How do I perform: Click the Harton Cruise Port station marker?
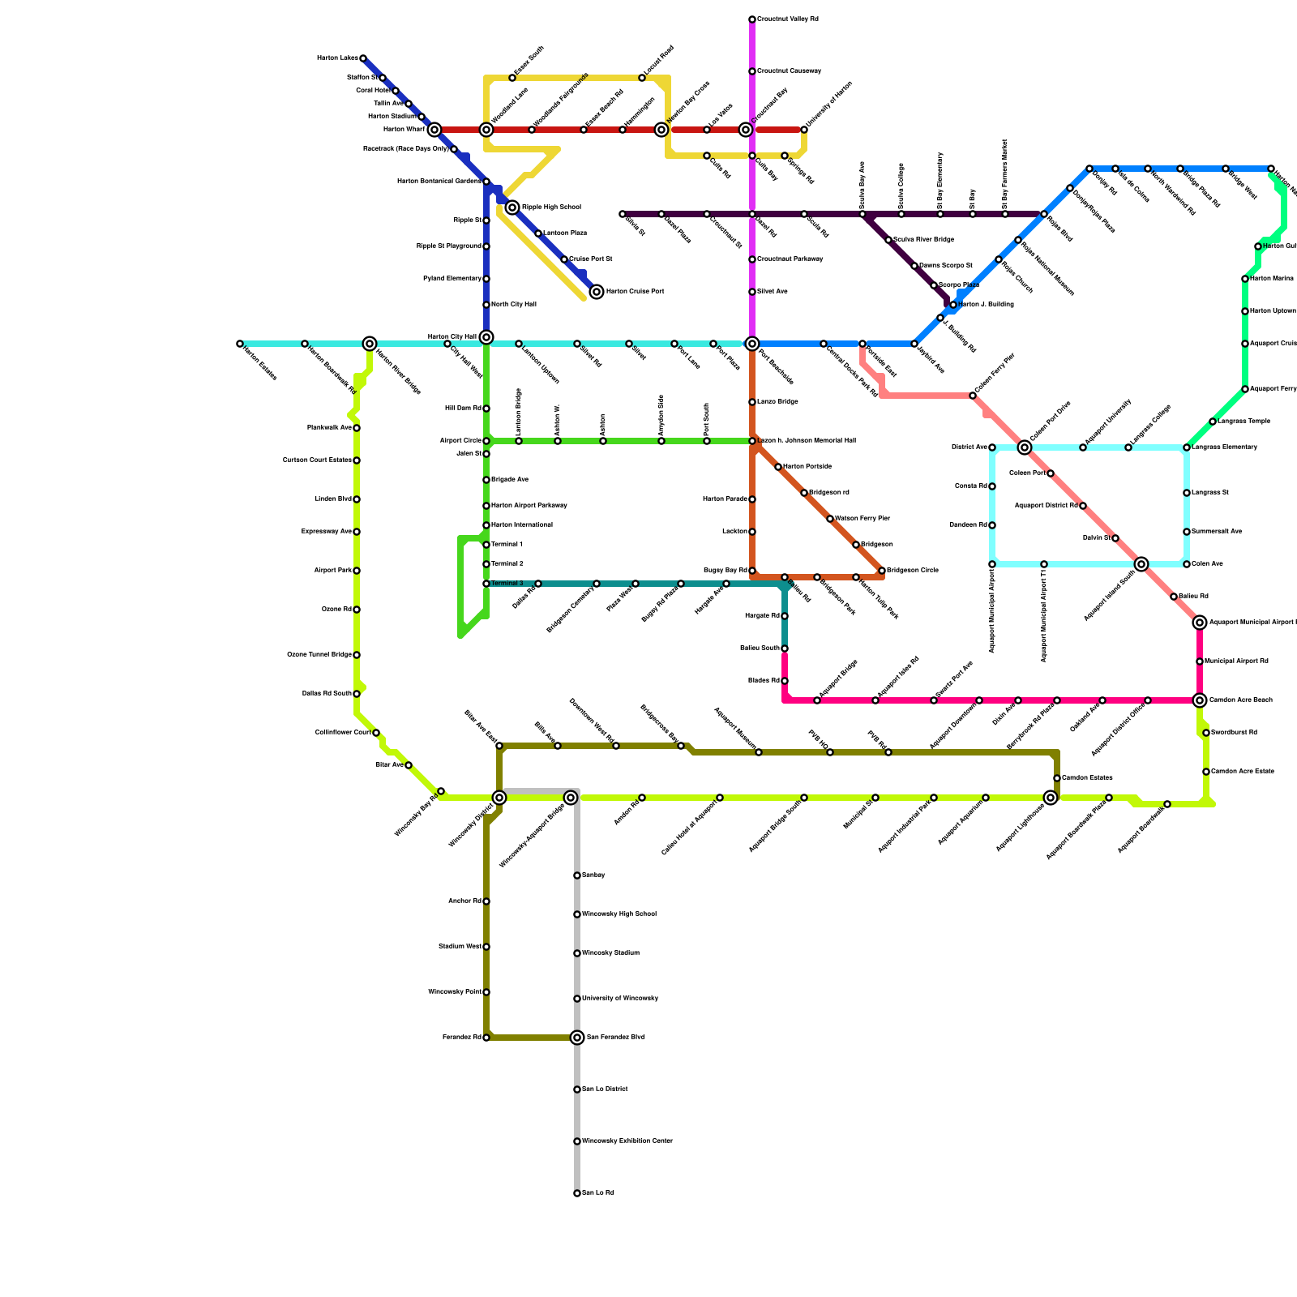click(x=597, y=292)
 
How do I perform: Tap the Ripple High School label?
click(x=550, y=208)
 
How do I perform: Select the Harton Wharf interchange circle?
click(x=434, y=130)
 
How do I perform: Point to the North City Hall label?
click(x=513, y=305)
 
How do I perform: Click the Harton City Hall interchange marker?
click(x=486, y=337)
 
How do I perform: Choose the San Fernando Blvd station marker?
click(x=577, y=1038)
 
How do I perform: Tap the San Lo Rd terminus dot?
click(x=577, y=1193)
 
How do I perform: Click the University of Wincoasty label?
click(x=619, y=999)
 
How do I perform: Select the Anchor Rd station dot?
click(x=486, y=901)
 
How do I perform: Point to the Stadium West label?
click(x=459, y=947)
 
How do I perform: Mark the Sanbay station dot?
click(x=577, y=875)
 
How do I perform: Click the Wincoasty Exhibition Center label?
click(x=627, y=1141)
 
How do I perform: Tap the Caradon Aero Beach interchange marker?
click(x=1200, y=700)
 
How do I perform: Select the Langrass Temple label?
click(x=1240, y=422)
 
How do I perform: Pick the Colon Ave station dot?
click(x=1187, y=564)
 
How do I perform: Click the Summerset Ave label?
click(x=1217, y=532)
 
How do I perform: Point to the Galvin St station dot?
click(x=1115, y=538)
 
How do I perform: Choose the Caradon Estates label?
click(x=1087, y=778)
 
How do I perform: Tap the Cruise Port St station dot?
click(x=564, y=259)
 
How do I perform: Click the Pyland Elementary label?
click(x=452, y=279)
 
